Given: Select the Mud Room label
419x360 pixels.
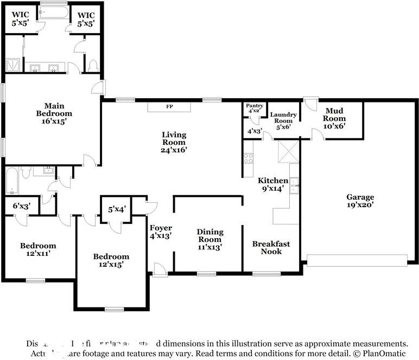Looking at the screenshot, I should (x=335, y=118).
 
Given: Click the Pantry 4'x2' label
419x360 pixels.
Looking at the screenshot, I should (x=254, y=108).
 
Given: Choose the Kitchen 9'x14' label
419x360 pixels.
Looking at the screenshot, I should (x=272, y=185).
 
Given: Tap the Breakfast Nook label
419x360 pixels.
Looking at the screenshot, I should (x=271, y=248).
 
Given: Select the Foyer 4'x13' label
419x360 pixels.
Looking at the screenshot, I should (x=161, y=232).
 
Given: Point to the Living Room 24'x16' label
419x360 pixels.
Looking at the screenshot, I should (x=174, y=142).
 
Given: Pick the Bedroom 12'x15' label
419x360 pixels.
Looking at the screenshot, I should (x=111, y=260).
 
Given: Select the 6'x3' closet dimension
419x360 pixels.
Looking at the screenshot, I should (x=22, y=206).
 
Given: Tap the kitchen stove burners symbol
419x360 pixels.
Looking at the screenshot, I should (x=249, y=158).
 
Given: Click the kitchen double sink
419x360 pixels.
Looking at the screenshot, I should (x=294, y=185).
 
